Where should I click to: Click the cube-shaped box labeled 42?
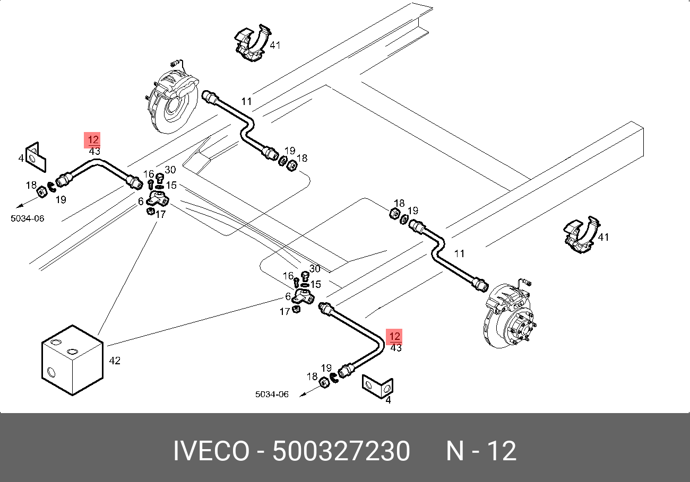[x=72, y=360]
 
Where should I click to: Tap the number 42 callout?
[x=115, y=361]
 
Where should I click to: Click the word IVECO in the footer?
[x=211, y=451]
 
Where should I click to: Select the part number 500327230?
[x=341, y=451]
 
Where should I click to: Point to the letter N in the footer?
[x=455, y=451]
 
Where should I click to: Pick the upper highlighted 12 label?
[x=92, y=140]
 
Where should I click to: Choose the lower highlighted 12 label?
[x=394, y=336]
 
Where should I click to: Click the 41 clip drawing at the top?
[x=253, y=43]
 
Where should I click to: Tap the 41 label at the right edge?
[x=603, y=238]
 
